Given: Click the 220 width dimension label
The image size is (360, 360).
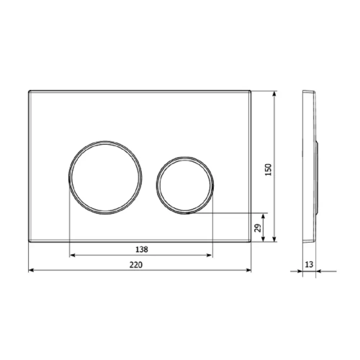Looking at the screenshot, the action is tap(136, 265).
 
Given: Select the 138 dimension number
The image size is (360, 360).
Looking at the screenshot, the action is tap(142, 250).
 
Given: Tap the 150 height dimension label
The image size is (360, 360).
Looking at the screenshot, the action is tap(269, 169).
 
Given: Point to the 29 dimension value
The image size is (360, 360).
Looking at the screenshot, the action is tap(257, 228).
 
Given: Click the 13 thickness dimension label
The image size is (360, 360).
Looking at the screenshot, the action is tap(309, 264).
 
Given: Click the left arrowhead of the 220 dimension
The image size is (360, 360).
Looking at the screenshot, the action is tap(31, 271).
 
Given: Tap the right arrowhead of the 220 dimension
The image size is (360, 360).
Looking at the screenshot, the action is tap(248, 271).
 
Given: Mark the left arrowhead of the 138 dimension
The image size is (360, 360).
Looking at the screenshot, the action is tap(72, 256).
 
